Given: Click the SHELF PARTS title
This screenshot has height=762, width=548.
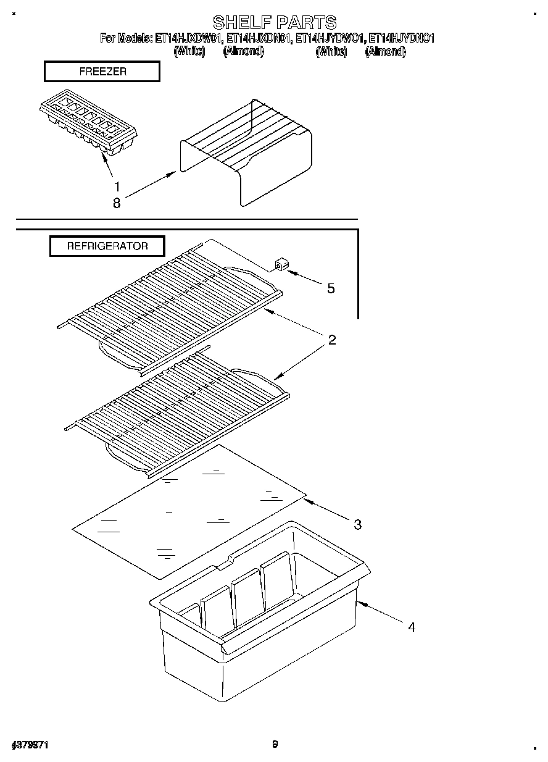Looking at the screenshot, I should point(275,23).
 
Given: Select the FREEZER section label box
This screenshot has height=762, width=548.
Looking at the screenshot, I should point(102,72).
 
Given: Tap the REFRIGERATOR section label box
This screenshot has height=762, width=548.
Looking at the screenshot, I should point(107,246).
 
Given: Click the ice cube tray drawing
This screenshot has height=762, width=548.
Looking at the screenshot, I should point(88,126).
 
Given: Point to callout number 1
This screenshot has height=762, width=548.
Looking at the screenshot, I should point(117,186).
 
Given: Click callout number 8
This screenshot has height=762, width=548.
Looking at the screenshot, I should point(117,203).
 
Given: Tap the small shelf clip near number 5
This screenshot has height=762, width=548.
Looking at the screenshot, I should point(280,266).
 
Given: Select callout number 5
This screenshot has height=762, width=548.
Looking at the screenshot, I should point(331,288).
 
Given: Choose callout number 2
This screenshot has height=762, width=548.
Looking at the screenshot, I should point(331,340).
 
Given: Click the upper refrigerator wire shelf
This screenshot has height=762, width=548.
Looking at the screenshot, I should point(170,303).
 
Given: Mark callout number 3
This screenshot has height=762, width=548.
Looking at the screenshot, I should point(357,525).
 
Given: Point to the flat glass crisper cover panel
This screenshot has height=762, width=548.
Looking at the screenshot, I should point(188,509).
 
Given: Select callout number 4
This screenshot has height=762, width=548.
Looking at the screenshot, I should point(411,627).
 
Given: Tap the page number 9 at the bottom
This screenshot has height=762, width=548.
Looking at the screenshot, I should point(275,744).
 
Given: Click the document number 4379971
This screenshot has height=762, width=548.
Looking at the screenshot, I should point(30,745).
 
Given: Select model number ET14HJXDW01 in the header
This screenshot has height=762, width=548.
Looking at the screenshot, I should point(188,39).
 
